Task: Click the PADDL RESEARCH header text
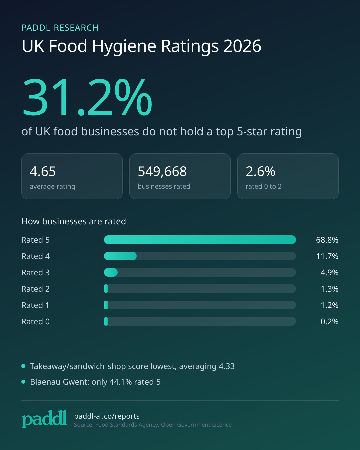(x=60, y=28)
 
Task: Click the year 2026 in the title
(x=242, y=46)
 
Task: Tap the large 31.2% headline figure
(x=87, y=97)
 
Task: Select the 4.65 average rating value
(x=43, y=171)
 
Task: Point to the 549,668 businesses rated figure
(x=162, y=171)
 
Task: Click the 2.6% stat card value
(x=260, y=171)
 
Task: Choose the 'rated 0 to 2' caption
(x=264, y=186)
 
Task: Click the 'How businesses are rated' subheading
(x=74, y=221)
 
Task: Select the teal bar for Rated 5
(x=200, y=240)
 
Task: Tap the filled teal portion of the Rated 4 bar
(x=120, y=256)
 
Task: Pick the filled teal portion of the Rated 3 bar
(x=111, y=272)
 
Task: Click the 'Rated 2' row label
(x=36, y=289)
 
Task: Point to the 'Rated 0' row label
(x=36, y=321)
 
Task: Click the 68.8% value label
(x=327, y=240)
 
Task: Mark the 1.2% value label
(x=329, y=305)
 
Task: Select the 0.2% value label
(x=329, y=322)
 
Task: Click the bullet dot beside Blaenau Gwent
(x=23, y=382)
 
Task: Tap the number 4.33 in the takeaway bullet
(x=227, y=366)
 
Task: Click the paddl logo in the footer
(x=44, y=419)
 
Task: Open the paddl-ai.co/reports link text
(x=107, y=416)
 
